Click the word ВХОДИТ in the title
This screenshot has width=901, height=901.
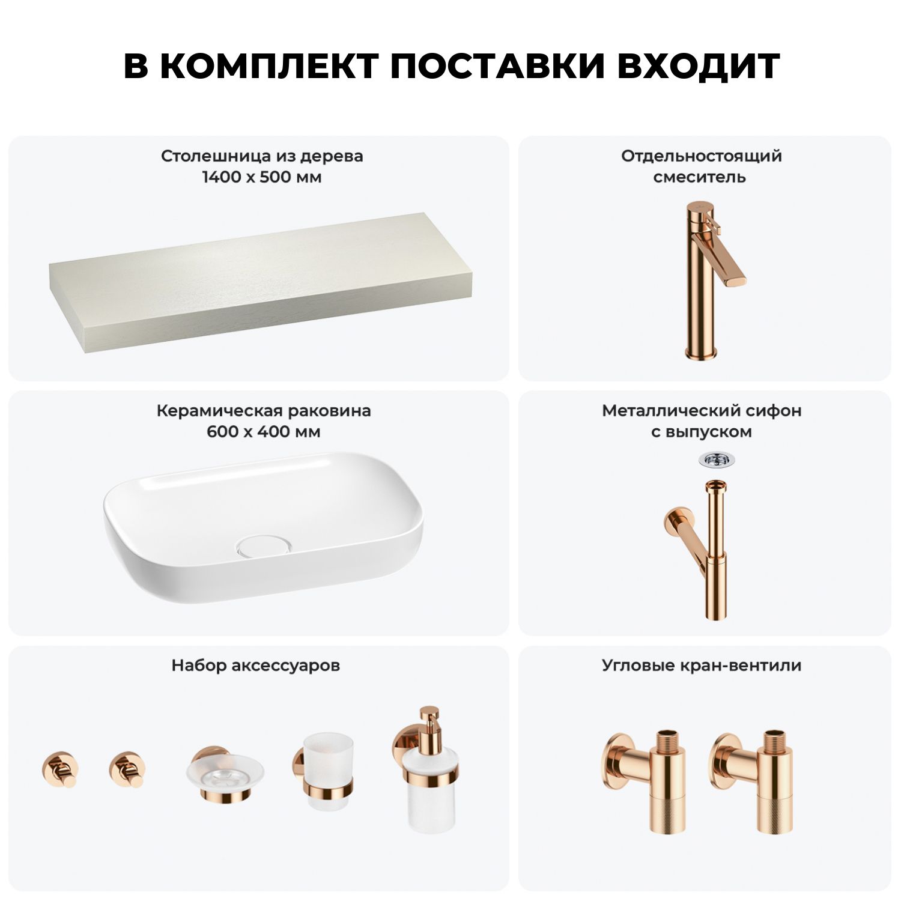click(x=699, y=66)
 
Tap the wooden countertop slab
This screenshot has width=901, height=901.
click(x=260, y=282)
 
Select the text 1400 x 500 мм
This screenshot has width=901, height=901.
click(x=262, y=177)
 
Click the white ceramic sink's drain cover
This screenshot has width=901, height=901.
click(x=264, y=546)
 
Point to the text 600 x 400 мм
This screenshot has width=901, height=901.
click(x=264, y=432)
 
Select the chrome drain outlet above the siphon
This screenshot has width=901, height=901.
click(x=717, y=460)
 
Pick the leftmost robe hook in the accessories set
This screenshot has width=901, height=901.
click(x=60, y=769)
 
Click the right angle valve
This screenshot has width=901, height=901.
click(x=751, y=781)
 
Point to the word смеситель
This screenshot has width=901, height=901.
click(x=700, y=177)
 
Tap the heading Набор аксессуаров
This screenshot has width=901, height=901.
click(x=256, y=666)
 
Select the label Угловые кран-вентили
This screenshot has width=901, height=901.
click(x=702, y=666)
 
